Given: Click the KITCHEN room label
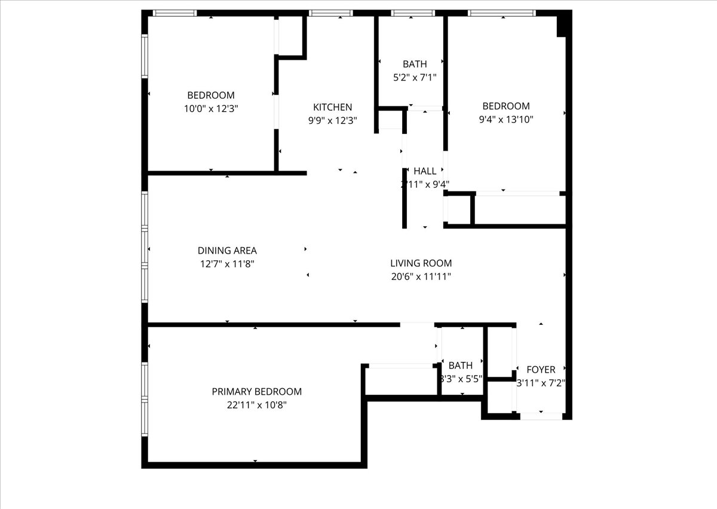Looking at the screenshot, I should pos(332,107).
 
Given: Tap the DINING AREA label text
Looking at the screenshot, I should pos(227,251).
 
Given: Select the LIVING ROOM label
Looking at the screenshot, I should pos(421,263).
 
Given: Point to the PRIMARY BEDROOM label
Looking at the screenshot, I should pos(256,392).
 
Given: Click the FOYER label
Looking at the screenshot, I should pos(540,370).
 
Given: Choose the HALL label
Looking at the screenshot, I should pos(425,171).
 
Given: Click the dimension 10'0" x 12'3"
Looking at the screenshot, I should pos(211,108).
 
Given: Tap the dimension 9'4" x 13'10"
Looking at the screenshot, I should pos(505,119).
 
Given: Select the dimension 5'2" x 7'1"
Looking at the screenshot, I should pos(415,77).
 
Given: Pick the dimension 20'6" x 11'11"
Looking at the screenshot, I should pos(421,276).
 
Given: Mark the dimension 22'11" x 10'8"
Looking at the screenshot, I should pos(256,405).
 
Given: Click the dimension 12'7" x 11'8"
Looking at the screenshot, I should pos(227,264).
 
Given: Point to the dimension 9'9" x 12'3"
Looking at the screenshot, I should pos(332,120).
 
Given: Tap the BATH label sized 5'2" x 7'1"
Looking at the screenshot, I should pos(415,64).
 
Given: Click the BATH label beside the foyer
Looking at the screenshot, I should pos(460,365).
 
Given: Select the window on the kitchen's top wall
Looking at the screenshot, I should pos(331,13).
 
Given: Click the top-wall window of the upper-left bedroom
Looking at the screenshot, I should pos(174,13).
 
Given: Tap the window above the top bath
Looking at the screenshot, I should pos(413,13).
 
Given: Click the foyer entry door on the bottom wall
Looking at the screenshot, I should pos(541,416).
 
